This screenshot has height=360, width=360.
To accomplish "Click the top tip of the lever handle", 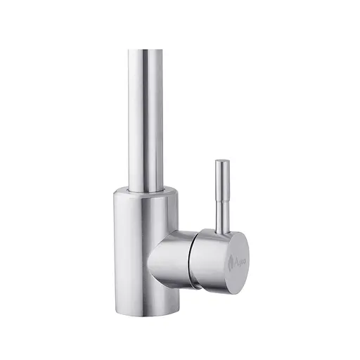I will click(x=221, y=162).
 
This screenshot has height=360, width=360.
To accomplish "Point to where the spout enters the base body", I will click(x=148, y=188).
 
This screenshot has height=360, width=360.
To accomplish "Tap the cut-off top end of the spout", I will click(x=148, y=51).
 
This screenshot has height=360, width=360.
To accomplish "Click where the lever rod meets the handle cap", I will click(x=221, y=229).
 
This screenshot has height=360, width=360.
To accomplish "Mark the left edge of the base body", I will click(x=112, y=253).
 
